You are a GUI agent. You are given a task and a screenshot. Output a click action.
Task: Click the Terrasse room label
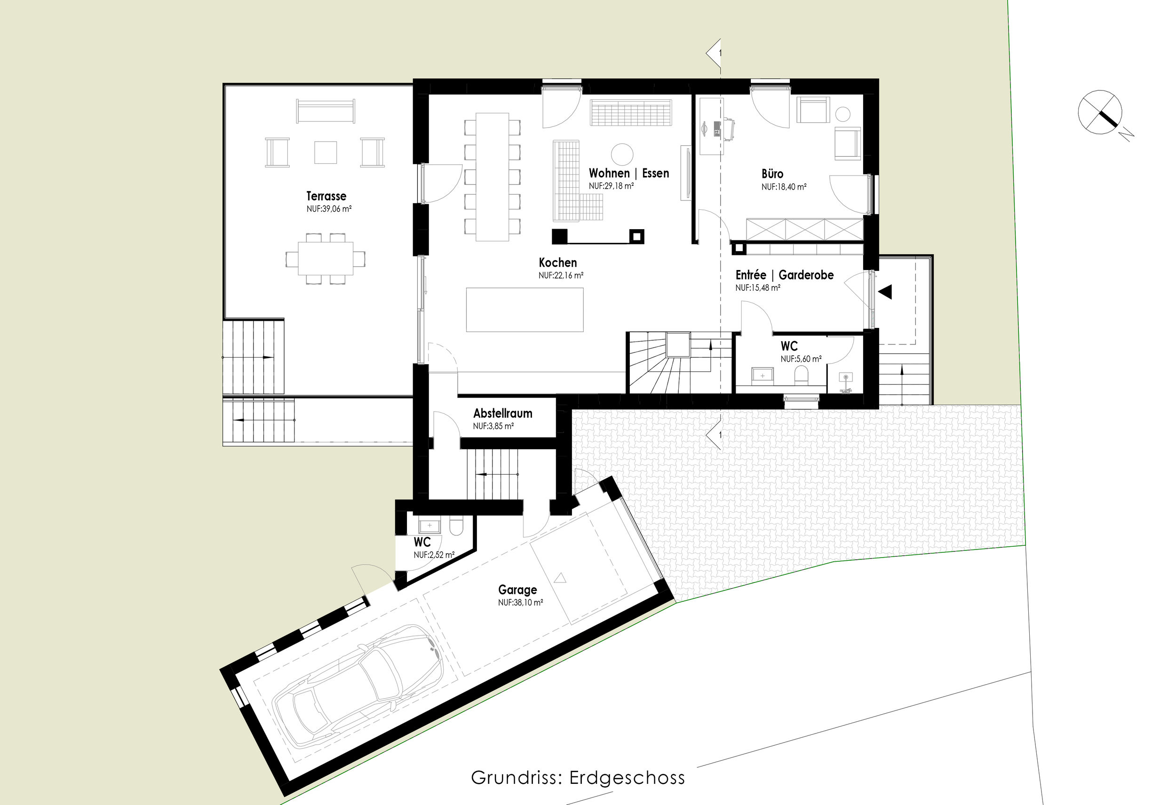[326, 196]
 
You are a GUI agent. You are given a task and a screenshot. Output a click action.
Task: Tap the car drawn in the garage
[357, 685]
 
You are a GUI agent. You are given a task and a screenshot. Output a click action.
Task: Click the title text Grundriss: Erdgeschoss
[578, 778]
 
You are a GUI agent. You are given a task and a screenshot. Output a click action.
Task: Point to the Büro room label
[772, 174]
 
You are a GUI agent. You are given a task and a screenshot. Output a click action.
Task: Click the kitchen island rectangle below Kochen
[525, 310]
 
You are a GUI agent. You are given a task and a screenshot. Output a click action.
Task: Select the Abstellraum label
[502, 414]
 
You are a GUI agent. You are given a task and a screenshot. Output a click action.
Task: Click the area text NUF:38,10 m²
[520, 603]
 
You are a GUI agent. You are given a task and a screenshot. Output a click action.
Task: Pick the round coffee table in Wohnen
[622, 154]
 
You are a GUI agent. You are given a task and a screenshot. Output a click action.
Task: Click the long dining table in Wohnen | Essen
[493, 177]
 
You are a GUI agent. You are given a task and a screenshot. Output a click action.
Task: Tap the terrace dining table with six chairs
[326, 259]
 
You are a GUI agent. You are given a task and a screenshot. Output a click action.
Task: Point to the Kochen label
[557, 263]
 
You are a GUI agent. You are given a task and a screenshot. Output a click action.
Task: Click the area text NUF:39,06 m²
[329, 209]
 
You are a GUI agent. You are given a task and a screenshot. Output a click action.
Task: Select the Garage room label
[517, 590]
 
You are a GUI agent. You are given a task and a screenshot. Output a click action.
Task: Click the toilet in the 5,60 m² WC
[801, 375]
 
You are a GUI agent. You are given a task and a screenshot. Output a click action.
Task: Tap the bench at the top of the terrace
[326, 111]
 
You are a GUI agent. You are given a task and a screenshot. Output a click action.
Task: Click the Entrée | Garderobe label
[784, 275]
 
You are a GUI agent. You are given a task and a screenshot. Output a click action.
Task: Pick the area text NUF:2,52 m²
[434, 555]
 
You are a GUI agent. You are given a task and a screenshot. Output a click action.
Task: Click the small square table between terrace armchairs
[326, 152]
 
